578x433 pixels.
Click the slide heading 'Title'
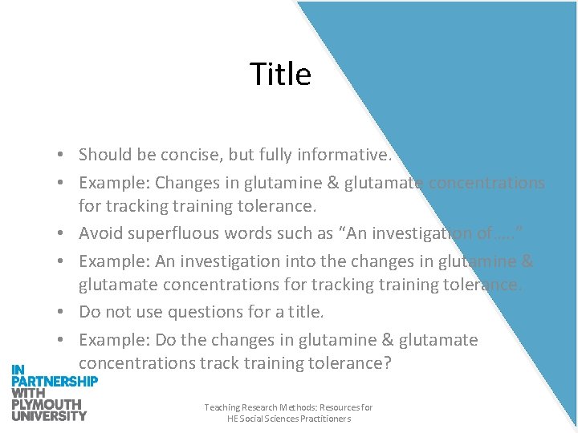pyautogui.click(x=280, y=75)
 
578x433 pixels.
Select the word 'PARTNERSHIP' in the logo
pyautogui.click(x=55, y=381)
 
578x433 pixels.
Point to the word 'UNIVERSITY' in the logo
pyautogui.click(x=49, y=415)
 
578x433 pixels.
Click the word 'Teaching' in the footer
pyautogui.click(x=220, y=408)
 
